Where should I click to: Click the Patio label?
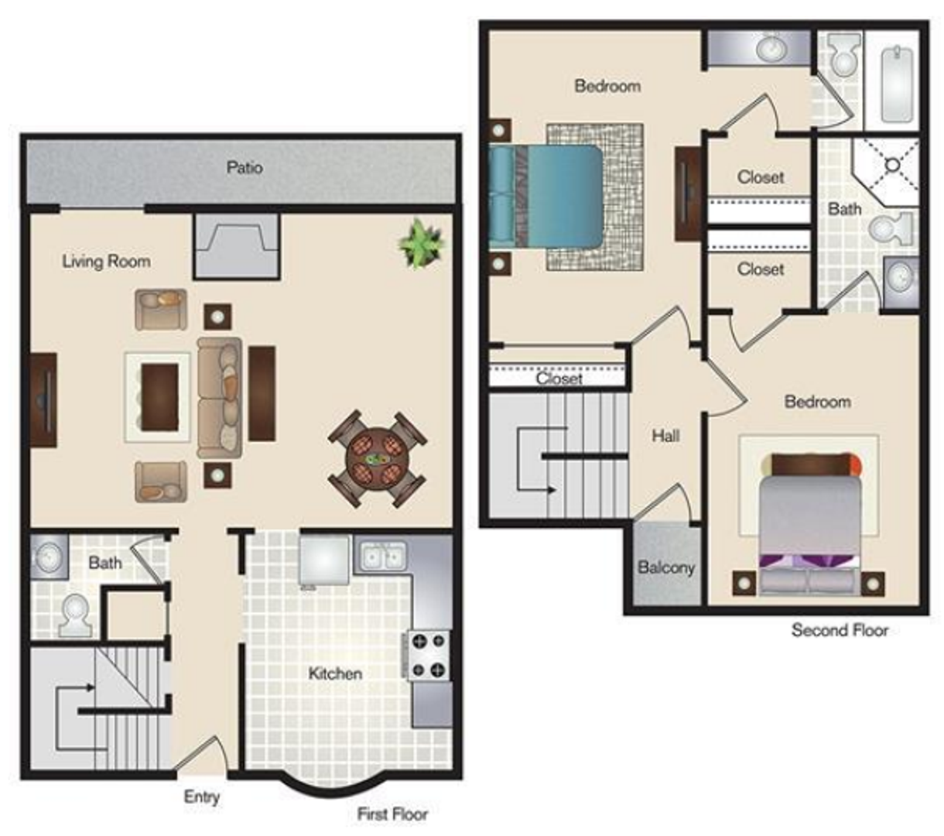pos(245,167)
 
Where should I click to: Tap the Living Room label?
pos(106,261)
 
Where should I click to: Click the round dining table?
pos(378,459)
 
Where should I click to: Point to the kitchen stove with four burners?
pos(429,656)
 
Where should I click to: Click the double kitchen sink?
pos(382,556)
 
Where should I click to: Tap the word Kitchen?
pos(335,673)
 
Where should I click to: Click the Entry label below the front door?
pos(202,797)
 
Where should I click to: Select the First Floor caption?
pos(392,814)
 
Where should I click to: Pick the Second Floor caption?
pos(840,630)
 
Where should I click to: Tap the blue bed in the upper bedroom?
pos(546,196)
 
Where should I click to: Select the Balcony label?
pos(666,567)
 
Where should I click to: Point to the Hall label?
pos(665,436)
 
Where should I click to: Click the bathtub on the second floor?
pos(897,85)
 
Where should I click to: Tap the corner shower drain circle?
pos(892,165)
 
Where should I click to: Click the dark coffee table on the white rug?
pos(159,397)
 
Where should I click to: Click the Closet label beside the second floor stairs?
pos(559,378)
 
